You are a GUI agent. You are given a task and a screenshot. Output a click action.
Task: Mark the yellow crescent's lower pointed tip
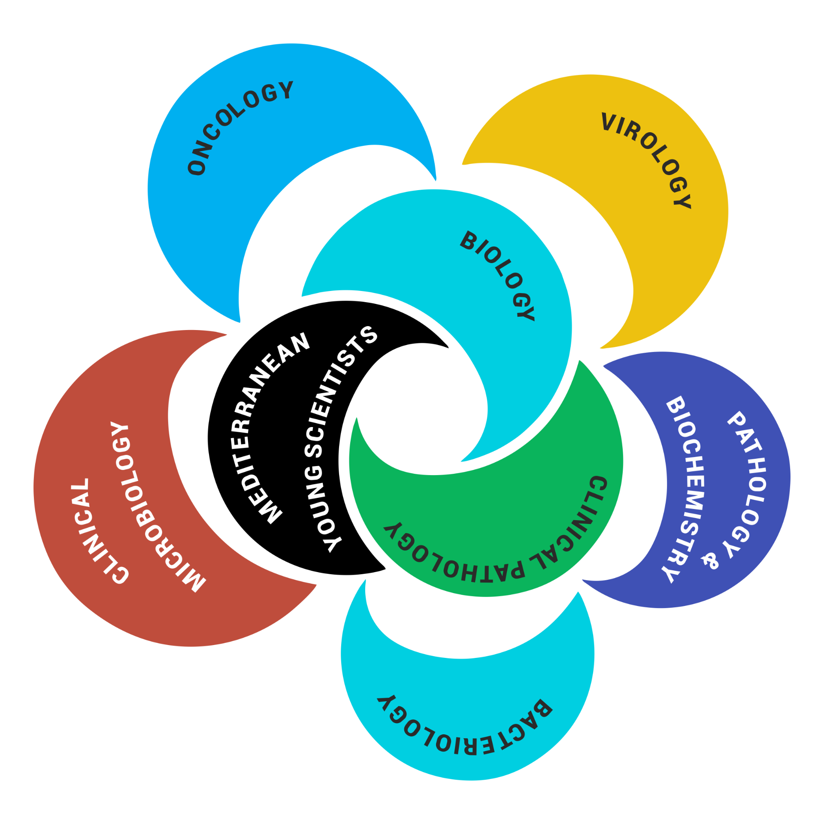point(601,347)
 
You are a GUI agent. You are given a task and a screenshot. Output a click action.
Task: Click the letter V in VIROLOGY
point(609,122)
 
